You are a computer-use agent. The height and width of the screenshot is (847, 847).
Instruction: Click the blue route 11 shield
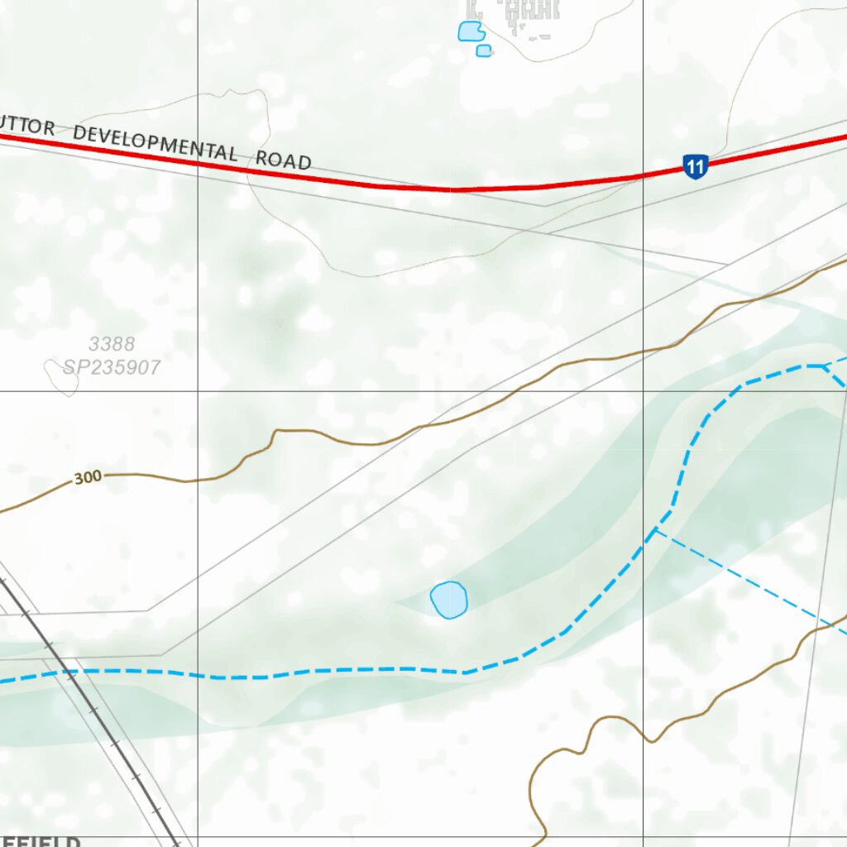point(695,167)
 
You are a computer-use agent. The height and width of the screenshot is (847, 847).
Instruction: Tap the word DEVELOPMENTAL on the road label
point(155,142)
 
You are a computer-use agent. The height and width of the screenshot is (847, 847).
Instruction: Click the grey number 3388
point(112,344)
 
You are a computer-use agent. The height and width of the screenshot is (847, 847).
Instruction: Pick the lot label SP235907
point(112,367)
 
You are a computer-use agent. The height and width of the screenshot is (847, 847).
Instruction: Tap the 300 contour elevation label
point(87,477)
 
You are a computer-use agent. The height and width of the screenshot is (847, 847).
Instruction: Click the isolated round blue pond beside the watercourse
point(448,599)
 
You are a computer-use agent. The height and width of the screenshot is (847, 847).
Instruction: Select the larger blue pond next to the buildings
point(470,31)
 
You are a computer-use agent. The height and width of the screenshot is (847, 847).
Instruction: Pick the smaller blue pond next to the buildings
point(484,51)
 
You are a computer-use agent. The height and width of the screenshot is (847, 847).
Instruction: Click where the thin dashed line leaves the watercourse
point(656,530)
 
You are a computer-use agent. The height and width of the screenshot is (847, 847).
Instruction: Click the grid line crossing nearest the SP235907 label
point(198,390)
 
